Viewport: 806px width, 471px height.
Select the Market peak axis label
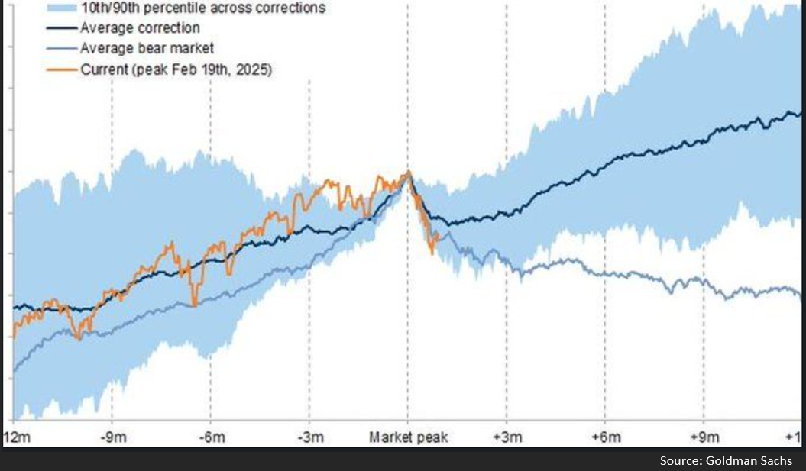[x=408, y=437]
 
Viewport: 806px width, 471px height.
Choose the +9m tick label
[x=704, y=437]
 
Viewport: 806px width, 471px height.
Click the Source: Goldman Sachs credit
[x=726, y=460]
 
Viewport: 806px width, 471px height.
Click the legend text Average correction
[x=140, y=28]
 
